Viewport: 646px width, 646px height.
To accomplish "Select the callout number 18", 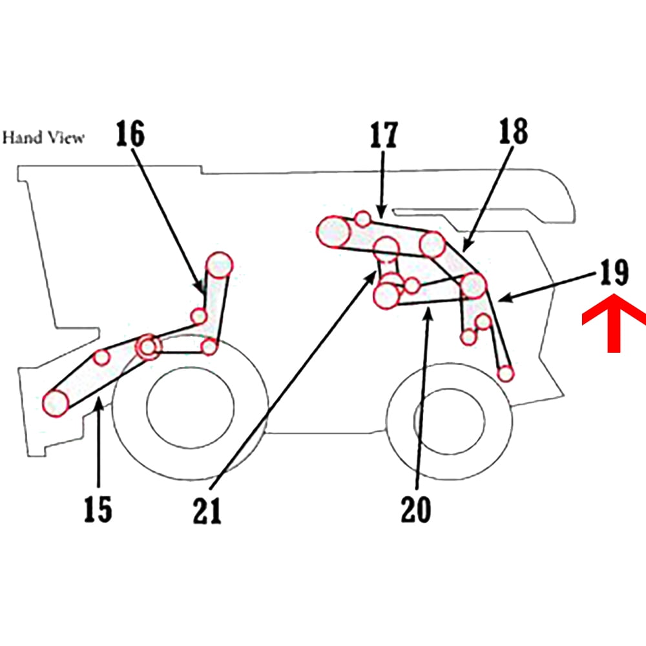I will tap(513, 131).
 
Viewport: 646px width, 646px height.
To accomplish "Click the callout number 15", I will tap(98, 509).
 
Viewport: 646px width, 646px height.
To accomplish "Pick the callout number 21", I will tap(208, 510).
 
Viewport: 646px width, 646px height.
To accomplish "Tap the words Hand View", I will tap(43, 138).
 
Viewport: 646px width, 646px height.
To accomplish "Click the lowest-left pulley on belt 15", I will tap(56, 402).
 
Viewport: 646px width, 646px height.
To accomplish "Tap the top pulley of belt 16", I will tap(219, 264).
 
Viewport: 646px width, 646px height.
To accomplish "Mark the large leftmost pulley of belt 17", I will tap(333, 231).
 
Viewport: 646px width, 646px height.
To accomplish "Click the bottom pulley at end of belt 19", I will tap(506, 373).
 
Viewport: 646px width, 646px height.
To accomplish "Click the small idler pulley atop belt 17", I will tap(363, 218).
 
